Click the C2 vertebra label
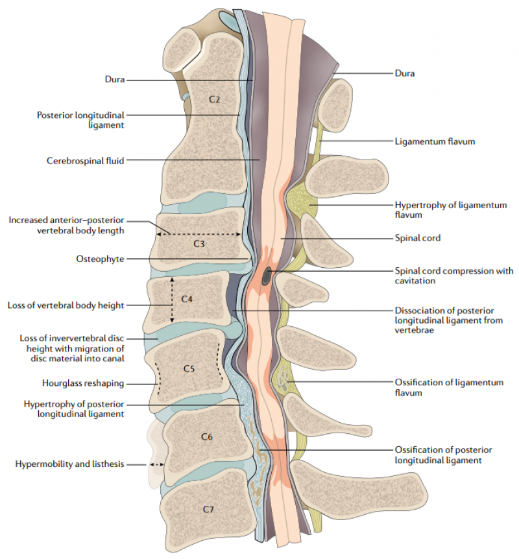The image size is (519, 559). pyautogui.click(x=215, y=99)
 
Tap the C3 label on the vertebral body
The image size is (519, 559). pyautogui.click(x=199, y=244)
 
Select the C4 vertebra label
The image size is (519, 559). pyautogui.click(x=187, y=299)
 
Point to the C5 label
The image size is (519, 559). pyautogui.click(x=189, y=368)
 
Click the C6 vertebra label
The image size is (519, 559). pyautogui.click(x=206, y=436)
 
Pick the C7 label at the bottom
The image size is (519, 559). pyautogui.click(x=208, y=509)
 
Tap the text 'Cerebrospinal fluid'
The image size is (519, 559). pyautogui.click(x=86, y=160)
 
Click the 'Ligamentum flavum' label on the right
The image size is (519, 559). pyautogui.click(x=431, y=141)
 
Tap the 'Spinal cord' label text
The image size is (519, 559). pyautogui.click(x=417, y=238)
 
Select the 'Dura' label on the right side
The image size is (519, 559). pyautogui.click(x=404, y=73)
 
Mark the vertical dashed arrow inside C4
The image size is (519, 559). pyautogui.click(x=172, y=300)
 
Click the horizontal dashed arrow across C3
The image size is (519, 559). pyautogui.click(x=199, y=233)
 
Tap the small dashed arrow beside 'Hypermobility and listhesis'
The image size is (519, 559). pyautogui.click(x=156, y=464)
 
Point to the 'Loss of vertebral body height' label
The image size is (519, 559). pyautogui.click(x=66, y=305)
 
